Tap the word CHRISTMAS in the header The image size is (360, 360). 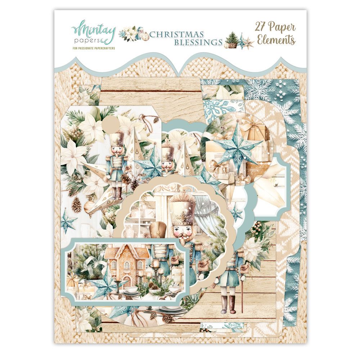pos(176,35)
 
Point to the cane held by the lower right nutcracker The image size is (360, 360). pos(242,288)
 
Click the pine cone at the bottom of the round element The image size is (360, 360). pos(168,318)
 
